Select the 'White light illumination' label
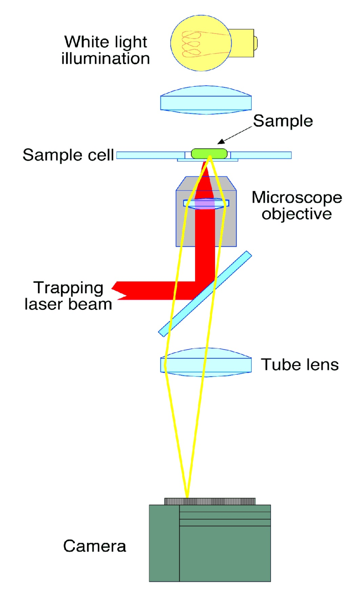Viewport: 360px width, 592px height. [x=105, y=50]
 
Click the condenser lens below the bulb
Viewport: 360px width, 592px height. [x=206, y=100]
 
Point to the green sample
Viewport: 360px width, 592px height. [x=209, y=153]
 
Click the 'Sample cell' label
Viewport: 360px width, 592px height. [x=68, y=155]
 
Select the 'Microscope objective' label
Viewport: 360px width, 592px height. [x=296, y=205]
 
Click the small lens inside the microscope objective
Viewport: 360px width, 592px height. [x=206, y=203]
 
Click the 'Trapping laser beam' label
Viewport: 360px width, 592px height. [x=68, y=296]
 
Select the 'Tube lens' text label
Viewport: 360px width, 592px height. [x=299, y=365]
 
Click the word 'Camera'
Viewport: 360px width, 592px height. [x=94, y=546]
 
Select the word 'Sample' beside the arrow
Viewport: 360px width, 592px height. [x=283, y=121]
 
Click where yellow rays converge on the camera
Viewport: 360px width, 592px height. [x=187, y=497]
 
